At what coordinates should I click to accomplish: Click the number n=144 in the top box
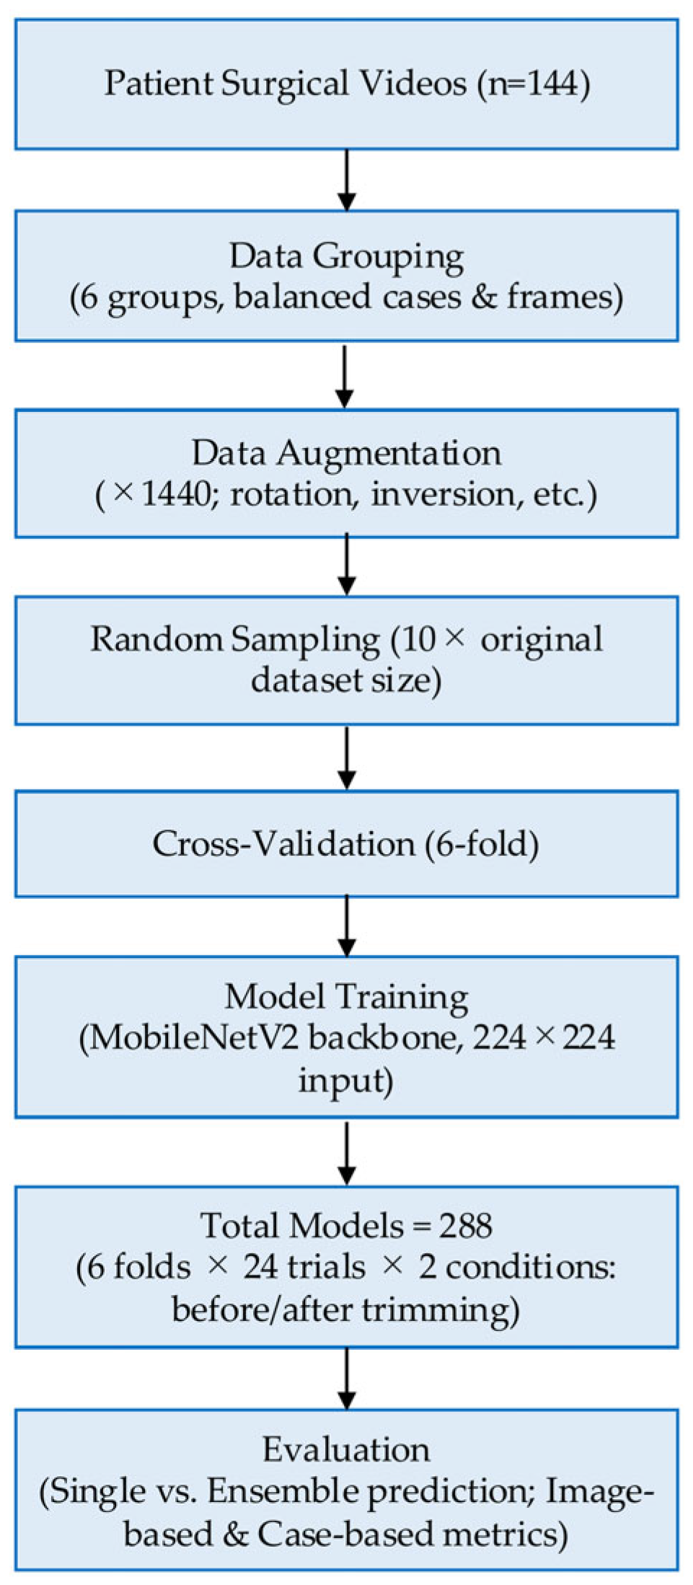(x=533, y=84)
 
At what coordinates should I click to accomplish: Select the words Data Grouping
(x=346, y=258)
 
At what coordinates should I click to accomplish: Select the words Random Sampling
(x=234, y=640)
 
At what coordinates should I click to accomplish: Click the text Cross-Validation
(x=283, y=844)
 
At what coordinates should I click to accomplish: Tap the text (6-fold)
(x=481, y=844)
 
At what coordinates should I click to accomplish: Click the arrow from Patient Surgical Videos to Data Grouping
(x=347, y=180)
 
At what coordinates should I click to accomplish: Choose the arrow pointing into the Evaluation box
(x=347, y=1378)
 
